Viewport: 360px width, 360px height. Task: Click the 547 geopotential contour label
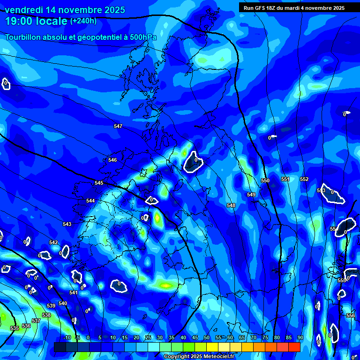pos(118,127)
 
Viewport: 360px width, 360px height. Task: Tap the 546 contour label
pos(112,160)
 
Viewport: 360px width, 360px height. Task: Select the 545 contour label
pos(99,183)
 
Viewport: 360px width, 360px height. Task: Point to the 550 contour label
pos(265,181)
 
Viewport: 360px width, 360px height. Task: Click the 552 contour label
pos(304,180)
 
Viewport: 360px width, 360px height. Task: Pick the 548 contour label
pos(231,206)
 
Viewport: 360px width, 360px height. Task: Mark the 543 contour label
pos(67,225)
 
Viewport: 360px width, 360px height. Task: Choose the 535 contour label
pos(15,329)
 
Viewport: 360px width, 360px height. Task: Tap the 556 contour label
pos(350,316)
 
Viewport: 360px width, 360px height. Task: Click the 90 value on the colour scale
pos(300,338)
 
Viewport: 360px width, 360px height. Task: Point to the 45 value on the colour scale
pos(195,338)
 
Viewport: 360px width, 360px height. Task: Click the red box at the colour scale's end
pos(294,347)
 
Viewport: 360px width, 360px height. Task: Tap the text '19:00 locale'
pos(37,21)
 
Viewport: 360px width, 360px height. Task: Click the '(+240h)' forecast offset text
pos(83,21)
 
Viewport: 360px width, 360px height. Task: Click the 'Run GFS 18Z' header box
pos(294,7)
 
